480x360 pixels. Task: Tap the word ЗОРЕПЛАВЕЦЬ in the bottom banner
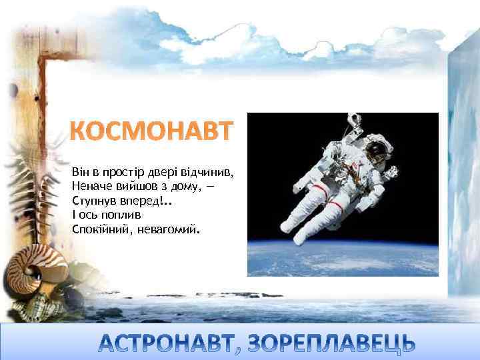point(326,342)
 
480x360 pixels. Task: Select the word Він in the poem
point(81,172)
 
